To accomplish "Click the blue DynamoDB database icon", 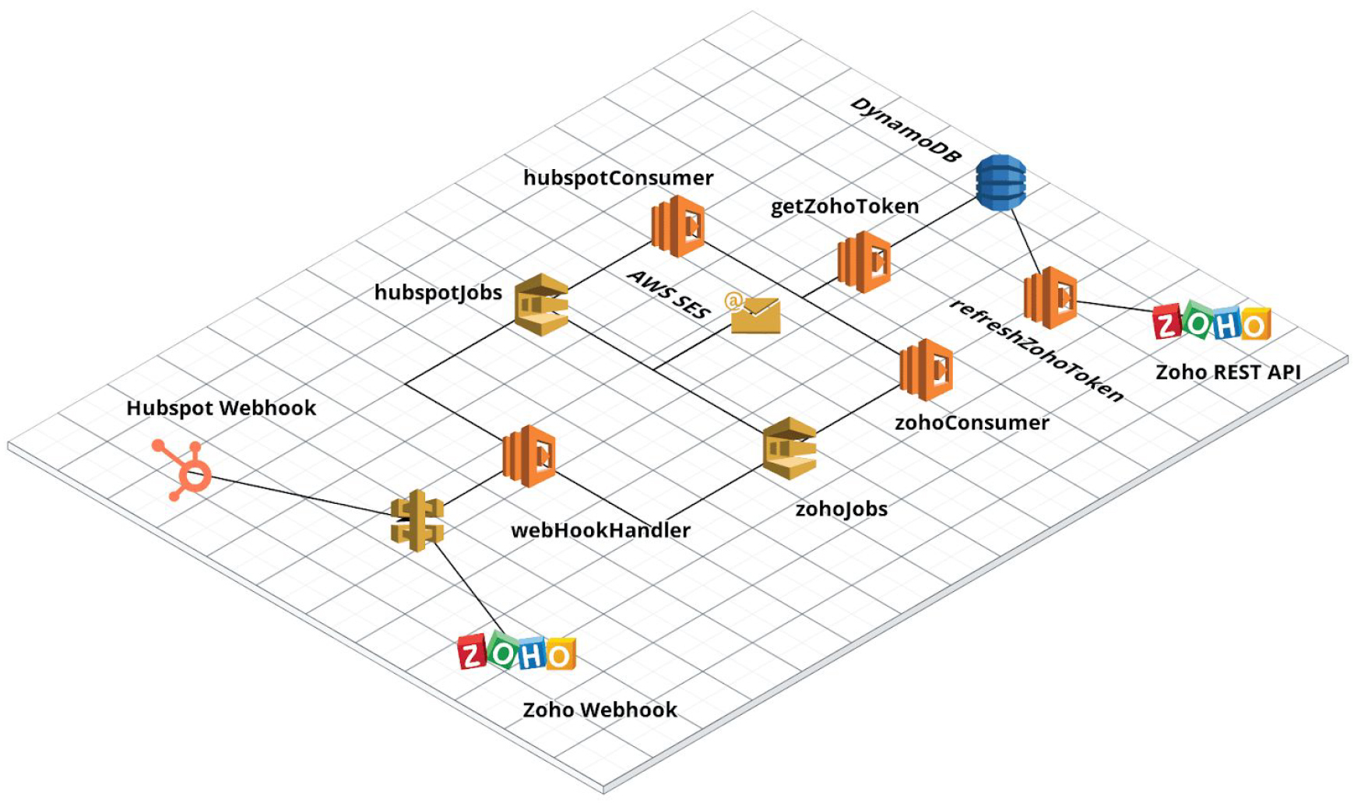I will [1001, 182].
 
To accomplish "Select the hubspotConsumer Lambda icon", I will [678, 226].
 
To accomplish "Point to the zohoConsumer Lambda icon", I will [926, 370].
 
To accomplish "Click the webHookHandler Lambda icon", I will [529, 456].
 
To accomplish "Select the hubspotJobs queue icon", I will [542, 305].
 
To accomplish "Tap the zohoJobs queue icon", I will [790, 449].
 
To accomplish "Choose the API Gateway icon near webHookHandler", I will [417, 520].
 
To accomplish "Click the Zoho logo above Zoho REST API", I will [1212, 323].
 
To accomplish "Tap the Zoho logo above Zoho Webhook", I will [517, 653].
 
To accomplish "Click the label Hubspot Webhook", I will [221, 408].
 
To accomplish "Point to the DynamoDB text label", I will [906, 131].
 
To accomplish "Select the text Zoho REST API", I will [1228, 372].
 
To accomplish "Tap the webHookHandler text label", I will [600, 530].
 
